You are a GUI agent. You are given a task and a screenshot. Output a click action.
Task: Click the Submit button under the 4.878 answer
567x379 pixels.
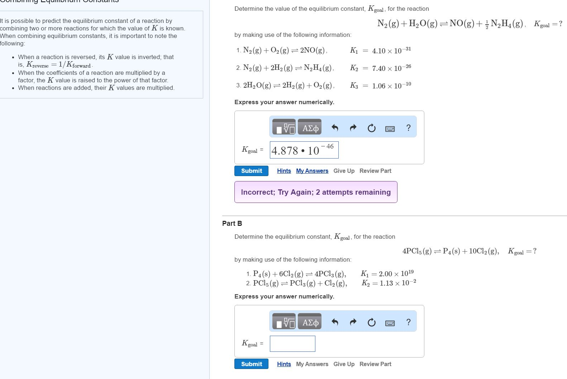click(251, 171)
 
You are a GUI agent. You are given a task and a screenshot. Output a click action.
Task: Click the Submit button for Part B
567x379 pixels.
click(251, 364)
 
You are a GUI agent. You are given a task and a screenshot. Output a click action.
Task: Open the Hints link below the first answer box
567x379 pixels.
click(284, 171)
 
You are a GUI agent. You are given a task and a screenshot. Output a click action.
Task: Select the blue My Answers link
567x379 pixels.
click(312, 171)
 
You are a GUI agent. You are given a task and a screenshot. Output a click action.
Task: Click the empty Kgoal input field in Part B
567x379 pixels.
click(292, 344)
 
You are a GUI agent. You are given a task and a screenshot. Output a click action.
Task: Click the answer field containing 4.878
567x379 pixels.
click(304, 150)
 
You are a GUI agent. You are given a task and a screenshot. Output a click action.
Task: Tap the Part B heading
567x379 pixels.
click(232, 223)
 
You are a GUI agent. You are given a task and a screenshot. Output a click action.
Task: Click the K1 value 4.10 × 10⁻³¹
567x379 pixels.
click(391, 50)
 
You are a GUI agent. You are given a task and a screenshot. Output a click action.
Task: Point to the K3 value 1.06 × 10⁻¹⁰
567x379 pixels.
click(391, 86)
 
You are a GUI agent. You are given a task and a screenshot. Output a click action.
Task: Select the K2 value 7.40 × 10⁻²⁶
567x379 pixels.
click(391, 68)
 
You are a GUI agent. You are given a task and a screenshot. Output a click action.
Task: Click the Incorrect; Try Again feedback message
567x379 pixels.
click(316, 192)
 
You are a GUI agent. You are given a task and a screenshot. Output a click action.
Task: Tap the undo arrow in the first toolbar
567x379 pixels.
click(335, 128)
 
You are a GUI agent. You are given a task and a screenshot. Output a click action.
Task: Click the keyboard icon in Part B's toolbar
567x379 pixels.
click(390, 323)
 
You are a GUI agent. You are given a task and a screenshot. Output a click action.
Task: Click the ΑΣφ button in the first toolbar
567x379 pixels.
click(310, 128)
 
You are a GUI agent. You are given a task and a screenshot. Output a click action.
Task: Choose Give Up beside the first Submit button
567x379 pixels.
click(344, 171)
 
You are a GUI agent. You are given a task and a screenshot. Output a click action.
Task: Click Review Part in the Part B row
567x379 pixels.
click(375, 364)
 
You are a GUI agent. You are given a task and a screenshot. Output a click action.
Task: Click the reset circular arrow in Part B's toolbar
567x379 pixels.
click(372, 322)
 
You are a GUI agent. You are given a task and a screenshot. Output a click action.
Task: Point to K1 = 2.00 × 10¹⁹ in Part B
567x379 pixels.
click(387, 273)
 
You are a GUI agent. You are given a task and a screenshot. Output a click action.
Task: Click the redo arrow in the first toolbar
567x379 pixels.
click(353, 128)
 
